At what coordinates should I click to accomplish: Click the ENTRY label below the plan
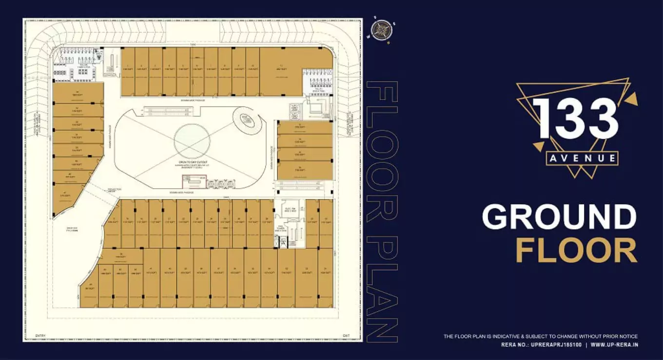tap(40, 336)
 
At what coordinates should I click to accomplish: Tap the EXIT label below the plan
tap(346, 336)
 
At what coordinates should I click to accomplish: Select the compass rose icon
tap(382, 30)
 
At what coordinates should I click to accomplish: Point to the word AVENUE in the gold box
tap(583, 159)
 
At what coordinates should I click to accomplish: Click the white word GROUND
tap(559, 217)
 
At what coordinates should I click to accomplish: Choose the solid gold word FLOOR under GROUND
tap(576, 250)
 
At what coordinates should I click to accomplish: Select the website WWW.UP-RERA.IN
tap(614, 345)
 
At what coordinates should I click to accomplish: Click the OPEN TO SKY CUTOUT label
tap(193, 162)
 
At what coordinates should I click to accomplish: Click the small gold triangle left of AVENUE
tap(538, 146)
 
